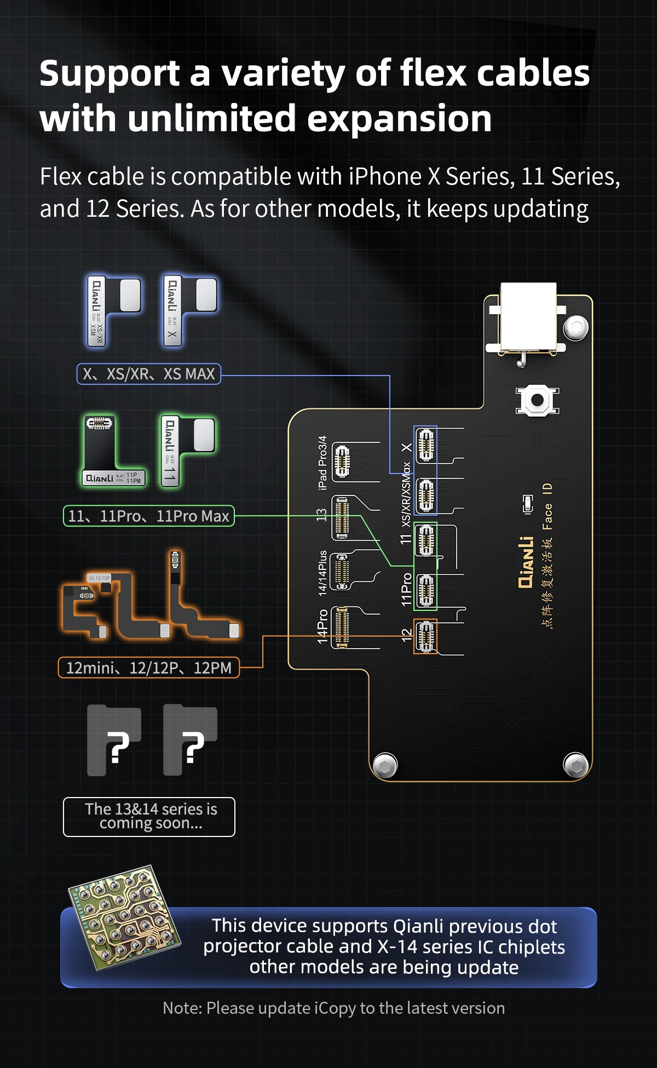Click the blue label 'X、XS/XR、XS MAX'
point(148,374)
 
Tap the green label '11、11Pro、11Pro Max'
point(148,516)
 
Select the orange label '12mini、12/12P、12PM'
point(148,668)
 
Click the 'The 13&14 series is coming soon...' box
point(149,817)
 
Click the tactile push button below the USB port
point(537,400)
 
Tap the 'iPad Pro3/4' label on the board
point(322,463)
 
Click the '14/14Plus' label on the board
point(322,573)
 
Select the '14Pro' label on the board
point(322,626)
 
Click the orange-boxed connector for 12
point(425,636)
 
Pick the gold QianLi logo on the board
point(526,562)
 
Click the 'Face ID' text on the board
point(547,506)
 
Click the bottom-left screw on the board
point(385,765)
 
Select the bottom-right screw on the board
point(576,765)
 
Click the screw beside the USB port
point(576,328)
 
